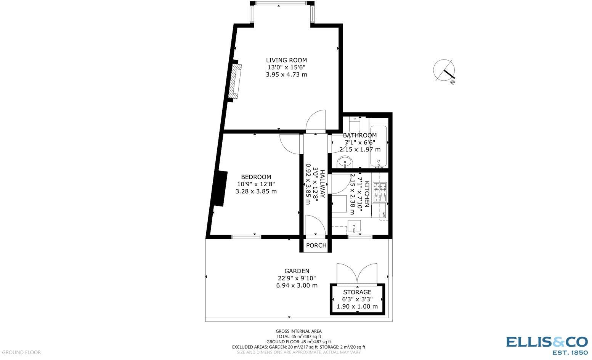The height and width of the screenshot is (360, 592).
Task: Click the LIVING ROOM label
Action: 286,60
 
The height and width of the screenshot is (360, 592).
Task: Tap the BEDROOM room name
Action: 256,177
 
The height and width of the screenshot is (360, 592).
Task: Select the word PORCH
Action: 316,245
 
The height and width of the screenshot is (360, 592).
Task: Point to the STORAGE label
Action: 357,292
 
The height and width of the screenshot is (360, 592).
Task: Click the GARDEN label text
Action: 297,271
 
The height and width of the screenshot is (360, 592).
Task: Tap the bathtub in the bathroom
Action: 379,146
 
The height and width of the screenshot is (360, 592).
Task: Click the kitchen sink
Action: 355,226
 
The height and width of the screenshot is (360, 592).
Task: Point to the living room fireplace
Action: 236,81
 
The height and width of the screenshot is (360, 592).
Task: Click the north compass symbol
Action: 445,71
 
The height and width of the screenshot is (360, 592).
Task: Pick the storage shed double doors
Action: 357,274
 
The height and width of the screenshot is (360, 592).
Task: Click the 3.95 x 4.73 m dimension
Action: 286,74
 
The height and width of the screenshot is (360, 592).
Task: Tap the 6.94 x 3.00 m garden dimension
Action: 297,285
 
